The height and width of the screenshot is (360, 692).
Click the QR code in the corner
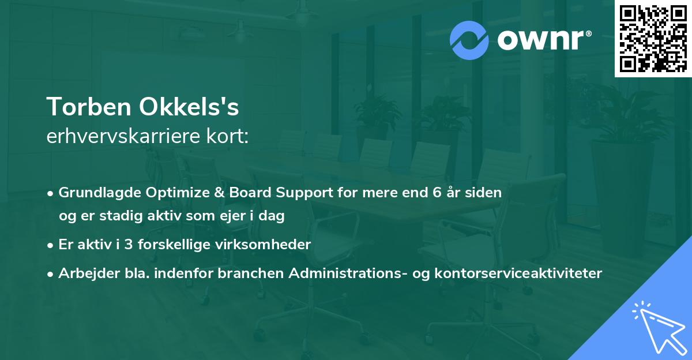pos(653,38)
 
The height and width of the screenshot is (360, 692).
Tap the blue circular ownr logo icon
pos(469,40)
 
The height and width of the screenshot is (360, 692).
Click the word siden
pos(484,193)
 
